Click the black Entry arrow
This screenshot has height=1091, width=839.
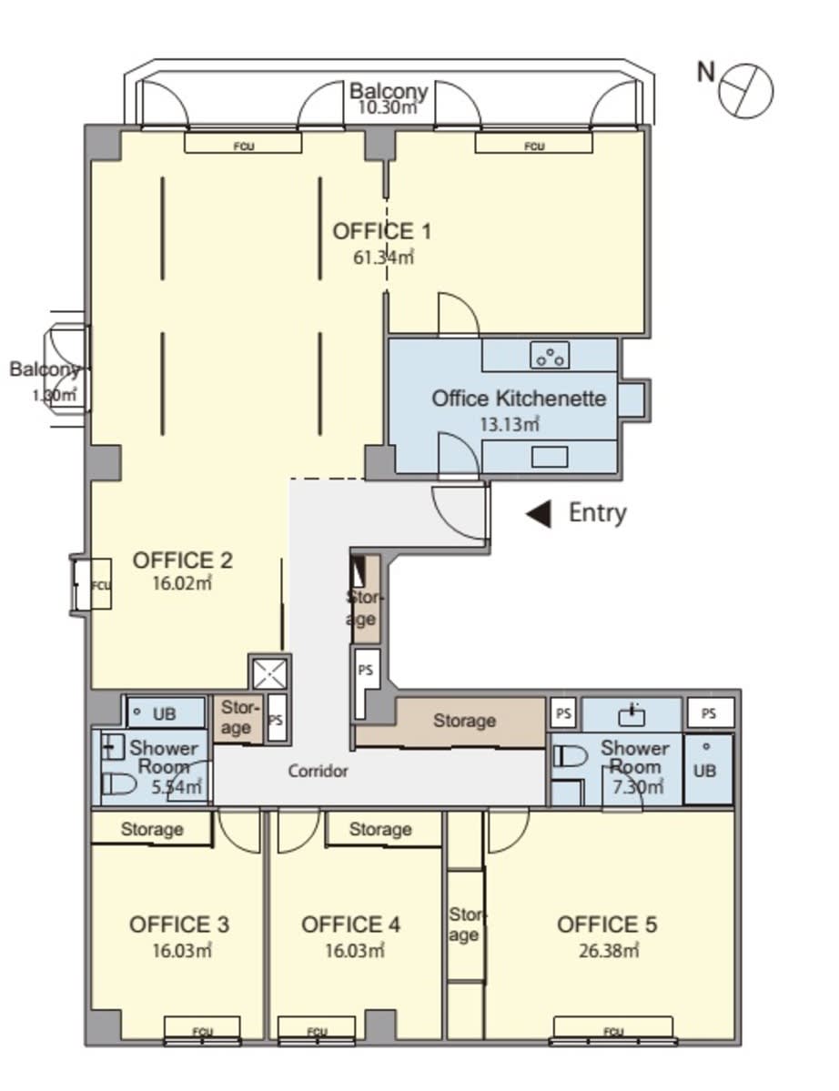click(540, 514)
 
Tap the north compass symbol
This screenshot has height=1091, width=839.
click(745, 90)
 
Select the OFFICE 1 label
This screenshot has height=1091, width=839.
click(381, 231)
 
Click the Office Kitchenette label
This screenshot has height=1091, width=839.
click(519, 399)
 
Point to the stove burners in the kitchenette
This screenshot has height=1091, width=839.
click(550, 356)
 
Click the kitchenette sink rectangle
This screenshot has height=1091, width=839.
click(550, 457)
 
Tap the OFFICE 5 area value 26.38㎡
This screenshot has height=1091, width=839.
click(609, 951)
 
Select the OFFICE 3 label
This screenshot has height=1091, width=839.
click(178, 924)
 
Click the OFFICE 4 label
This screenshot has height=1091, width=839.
click(350, 924)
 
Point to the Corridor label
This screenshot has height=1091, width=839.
click(318, 771)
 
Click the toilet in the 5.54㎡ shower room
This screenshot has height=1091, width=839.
click(119, 784)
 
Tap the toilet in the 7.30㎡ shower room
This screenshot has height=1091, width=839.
click(570, 755)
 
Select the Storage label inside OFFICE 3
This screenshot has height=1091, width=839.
click(152, 829)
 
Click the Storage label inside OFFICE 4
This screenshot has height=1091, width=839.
click(380, 829)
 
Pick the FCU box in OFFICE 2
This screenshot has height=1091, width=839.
click(101, 585)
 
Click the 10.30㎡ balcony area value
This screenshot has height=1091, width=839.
click(388, 107)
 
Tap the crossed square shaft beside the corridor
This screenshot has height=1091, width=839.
click(269, 673)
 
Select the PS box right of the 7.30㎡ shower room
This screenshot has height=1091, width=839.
click(710, 713)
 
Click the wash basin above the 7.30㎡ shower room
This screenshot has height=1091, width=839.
click(631, 714)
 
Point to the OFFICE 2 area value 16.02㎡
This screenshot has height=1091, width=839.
click(182, 583)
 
